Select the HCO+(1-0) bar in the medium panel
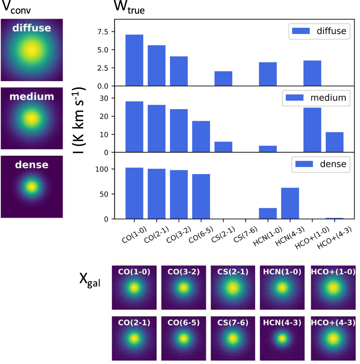coord(312,130)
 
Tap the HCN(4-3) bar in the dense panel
coord(290,203)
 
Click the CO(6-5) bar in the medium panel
coord(201,136)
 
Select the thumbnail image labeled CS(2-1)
coord(233,287)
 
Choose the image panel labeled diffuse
coord(32,50)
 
